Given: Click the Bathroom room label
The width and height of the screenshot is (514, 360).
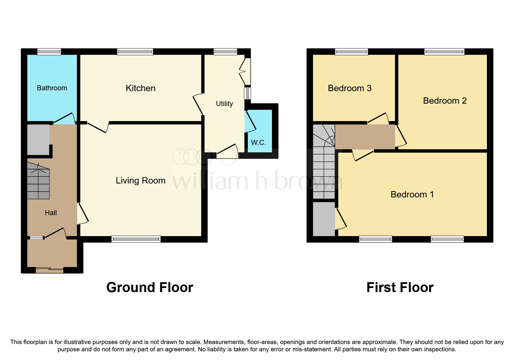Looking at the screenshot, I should tap(52, 88).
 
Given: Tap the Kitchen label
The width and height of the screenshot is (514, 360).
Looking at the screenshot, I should tap(140, 88).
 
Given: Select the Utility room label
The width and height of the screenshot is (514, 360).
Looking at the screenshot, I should tap(224, 104).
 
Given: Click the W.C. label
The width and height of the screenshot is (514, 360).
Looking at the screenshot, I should tap(258, 143).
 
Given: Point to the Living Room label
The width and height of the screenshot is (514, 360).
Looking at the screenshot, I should tap(140, 181).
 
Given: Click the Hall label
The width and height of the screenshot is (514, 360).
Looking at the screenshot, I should tap(51, 213).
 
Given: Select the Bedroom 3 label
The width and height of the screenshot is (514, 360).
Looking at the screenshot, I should tap(349, 88).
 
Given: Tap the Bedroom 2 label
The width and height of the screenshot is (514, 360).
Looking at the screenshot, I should tap(445, 101).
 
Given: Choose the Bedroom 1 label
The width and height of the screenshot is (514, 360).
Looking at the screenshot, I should tap(412, 195).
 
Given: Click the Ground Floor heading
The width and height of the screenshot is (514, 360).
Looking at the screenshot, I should tap(149, 287).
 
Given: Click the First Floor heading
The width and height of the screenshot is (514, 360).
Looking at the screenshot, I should tap(400, 287).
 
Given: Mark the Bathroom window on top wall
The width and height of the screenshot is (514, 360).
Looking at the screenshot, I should tap(49, 52).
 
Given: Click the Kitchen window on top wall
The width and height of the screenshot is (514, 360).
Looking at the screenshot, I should tap(135, 52).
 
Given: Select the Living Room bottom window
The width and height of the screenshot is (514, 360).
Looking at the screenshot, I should tap(136, 239).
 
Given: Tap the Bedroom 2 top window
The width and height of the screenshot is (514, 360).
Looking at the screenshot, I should tap(444, 52).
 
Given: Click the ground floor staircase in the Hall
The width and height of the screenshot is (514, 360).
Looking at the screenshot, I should tap(38, 181).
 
